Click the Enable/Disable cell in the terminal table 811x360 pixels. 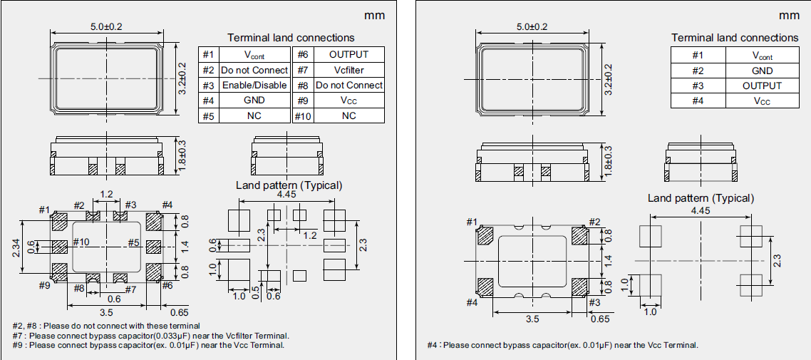click(254, 86)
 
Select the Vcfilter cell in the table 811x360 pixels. click(348, 70)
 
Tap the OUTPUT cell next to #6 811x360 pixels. click(348, 54)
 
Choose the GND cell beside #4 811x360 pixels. click(254, 101)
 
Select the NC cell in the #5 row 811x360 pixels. click(254, 115)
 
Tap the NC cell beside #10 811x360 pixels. click(348, 115)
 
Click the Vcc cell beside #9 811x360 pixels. click(348, 101)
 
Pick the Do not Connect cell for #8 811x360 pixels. click(348, 86)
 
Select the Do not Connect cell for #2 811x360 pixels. click(254, 70)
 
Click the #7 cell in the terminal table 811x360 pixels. click(302, 70)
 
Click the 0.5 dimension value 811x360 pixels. click(256, 292)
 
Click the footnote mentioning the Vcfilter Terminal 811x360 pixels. click(150, 335)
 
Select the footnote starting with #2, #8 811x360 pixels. click(106, 326)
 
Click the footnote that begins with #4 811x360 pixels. click(563, 345)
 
